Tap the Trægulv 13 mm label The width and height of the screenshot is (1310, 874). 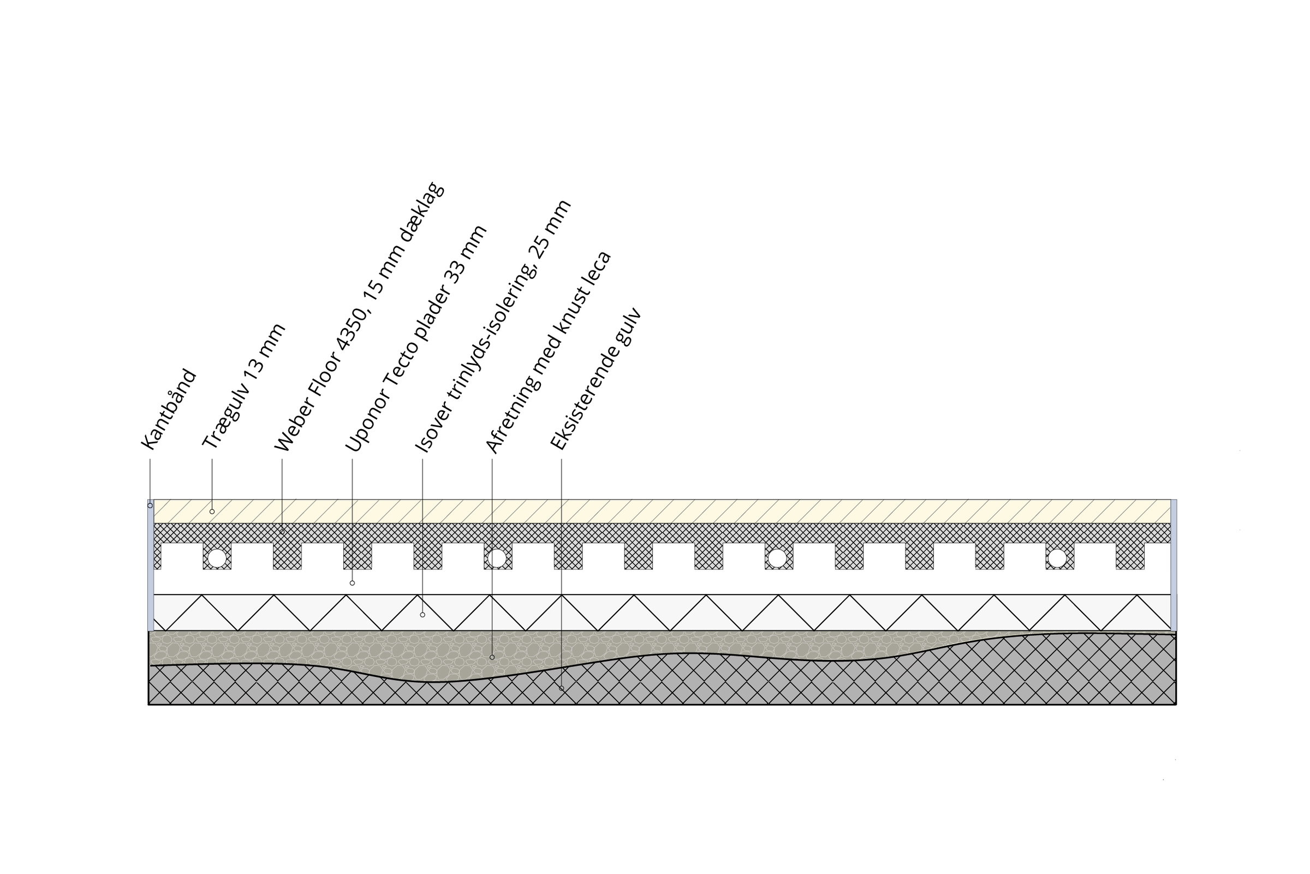(x=243, y=386)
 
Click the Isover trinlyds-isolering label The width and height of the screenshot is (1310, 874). (x=493, y=325)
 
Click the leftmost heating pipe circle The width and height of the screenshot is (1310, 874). (x=217, y=558)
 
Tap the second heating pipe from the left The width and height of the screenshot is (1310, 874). (x=497, y=558)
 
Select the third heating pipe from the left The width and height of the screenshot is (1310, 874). (x=777, y=558)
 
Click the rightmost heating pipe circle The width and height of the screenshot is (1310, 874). (x=1057, y=558)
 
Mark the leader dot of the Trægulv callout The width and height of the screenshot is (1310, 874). (x=212, y=512)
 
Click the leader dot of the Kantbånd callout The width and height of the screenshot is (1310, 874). (x=150, y=506)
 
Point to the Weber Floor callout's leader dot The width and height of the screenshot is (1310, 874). (x=282, y=532)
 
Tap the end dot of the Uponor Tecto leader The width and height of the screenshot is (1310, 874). (x=352, y=583)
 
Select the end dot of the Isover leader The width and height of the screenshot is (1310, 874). (x=422, y=615)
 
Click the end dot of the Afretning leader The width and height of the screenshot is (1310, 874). (x=492, y=657)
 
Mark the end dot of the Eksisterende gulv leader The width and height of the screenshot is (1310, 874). (x=561, y=688)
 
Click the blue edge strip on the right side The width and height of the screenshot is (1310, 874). (x=1174, y=565)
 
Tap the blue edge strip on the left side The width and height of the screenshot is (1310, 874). (x=151, y=565)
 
